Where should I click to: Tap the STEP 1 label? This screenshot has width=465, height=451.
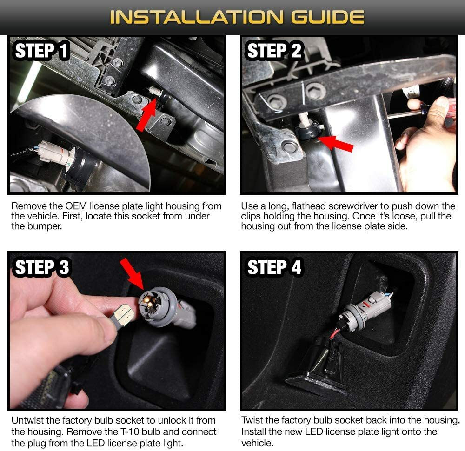pyautogui.click(x=42, y=51)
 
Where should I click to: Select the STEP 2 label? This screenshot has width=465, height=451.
pyautogui.click(x=274, y=51)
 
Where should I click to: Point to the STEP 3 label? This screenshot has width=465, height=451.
pyautogui.click(x=42, y=267)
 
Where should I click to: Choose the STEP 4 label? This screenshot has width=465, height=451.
pyautogui.click(x=274, y=267)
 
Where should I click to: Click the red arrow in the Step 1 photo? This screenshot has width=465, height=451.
pyautogui.click(x=146, y=114)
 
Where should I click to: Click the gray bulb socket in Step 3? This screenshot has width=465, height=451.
pyautogui.click(x=160, y=309)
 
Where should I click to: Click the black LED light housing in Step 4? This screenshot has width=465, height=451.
pyautogui.click(x=317, y=368)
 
